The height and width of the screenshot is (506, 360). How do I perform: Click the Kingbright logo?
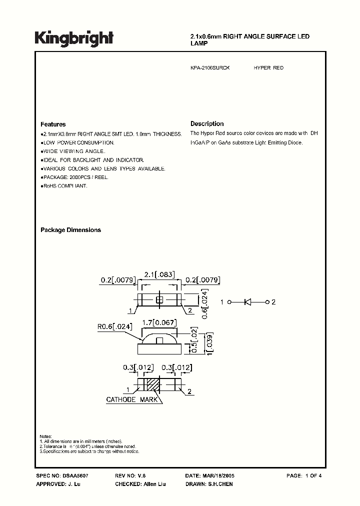(74, 38)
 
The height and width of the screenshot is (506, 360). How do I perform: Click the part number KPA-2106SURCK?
(210, 67)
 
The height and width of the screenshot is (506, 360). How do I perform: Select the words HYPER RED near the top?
(268, 67)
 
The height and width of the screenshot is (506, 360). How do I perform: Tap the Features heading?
(53, 124)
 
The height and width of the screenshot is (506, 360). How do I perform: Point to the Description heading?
(207, 123)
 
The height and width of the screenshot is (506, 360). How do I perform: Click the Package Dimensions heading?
(70, 230)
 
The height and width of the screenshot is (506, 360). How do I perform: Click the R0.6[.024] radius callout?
(115, 328)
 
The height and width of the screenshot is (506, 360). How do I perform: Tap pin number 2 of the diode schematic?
(273, 302)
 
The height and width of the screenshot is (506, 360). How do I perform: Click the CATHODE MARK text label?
(132, 399)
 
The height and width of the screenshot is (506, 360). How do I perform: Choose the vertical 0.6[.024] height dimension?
(205, 300)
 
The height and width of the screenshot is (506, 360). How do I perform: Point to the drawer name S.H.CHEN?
(220, 484)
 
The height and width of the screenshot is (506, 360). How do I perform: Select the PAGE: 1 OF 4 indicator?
(304, 475)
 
